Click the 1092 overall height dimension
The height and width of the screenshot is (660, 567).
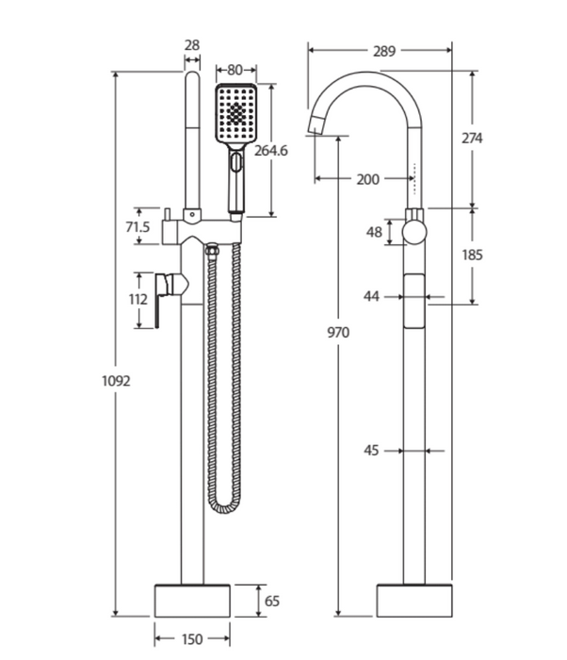pos(116,381)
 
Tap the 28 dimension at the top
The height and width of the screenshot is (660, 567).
pos(192,45)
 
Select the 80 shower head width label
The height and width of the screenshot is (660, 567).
pos(235,70)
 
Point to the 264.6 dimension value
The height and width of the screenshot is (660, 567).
pos(271,150)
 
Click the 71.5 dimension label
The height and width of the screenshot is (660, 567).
pos(138,227)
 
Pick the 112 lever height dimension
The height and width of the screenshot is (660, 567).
pos(138,299)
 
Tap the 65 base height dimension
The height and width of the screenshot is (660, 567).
pos(271,602)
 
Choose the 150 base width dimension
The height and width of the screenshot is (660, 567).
pos(192,639)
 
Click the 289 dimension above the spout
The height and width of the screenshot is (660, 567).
pos(384,51)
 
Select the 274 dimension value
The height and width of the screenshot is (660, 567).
pos(472,138)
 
